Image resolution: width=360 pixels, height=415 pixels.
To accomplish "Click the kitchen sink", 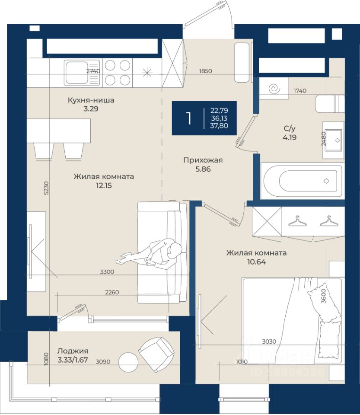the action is (x=82, y=73).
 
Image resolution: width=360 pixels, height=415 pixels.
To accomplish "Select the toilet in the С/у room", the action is (x=330, y=103).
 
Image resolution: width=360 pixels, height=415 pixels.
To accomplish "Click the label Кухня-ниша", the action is (x=91, y=100).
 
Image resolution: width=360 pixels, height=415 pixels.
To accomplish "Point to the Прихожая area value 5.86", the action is (x=203, y=169).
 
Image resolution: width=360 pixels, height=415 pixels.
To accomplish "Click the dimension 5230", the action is (x=46, y=188).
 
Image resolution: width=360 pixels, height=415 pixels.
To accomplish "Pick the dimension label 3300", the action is (x=107, y=272).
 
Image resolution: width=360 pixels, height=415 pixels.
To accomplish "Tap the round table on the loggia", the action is (x=128, y=362).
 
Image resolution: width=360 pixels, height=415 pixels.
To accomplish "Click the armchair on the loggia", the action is (x=156, y=354).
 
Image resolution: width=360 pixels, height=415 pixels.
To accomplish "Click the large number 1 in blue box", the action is (x=188, y=118).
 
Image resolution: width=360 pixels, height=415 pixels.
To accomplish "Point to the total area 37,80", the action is (x=219, y=126).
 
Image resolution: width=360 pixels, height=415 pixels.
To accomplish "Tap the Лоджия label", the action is (x=73, y=351).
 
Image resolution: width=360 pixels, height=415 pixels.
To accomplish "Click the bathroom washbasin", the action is (x=334, y=140).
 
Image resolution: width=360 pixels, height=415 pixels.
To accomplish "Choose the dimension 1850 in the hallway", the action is (x=206, y=71).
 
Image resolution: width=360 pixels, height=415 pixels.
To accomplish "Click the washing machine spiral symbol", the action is (x=274, y=89).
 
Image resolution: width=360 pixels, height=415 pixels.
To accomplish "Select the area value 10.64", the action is (x=256, y=262).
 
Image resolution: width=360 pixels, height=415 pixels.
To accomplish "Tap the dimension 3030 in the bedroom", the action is (x=269, y=342).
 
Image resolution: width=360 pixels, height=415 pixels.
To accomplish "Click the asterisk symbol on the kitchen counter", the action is (x=147, y=73).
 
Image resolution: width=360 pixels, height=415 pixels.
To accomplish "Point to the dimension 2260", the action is (x=112, y=292).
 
